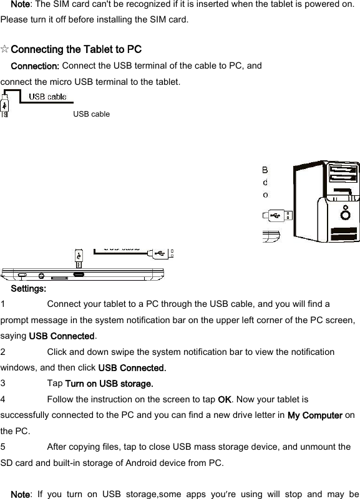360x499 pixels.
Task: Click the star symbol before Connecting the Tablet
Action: [x=5, y=49]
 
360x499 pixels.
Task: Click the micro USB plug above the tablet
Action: [x=79, y=256]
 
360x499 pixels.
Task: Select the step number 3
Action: [x=4, y=382]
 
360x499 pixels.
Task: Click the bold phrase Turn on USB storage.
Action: [x=109, y=382]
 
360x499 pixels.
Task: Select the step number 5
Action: [x=4, y=447]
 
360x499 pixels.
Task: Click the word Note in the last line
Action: [x=21, y=495]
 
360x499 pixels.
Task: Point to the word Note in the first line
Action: [x=21, y=4]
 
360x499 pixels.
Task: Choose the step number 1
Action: [x=4, y=304]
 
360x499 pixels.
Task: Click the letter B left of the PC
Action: [x=265, y=170]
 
